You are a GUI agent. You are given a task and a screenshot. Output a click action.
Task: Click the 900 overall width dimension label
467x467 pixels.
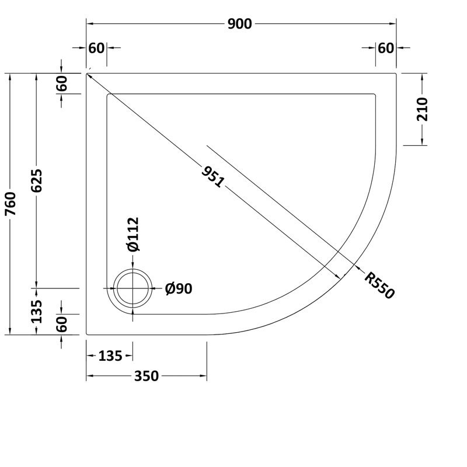click(x=240, y=24)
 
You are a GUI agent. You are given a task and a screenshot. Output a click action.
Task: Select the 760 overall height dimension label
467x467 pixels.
click(x=12, y=204)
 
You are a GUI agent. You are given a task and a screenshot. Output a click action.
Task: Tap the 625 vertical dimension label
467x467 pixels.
click(x=37, y=181)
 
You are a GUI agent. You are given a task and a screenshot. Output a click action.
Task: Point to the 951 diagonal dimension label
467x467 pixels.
click(x=212, y=176)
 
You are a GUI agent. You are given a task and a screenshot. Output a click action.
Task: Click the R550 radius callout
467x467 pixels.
click(x=380, y=284)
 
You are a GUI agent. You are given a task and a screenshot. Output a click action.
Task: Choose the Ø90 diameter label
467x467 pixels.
click(x=179, y=288)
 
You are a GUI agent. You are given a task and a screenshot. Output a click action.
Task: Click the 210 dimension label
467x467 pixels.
click(x=423, y=109)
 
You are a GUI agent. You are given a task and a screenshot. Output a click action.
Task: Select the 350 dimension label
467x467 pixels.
click(x=146, y=377)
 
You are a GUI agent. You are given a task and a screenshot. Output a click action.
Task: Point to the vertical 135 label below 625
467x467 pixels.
click(x=37, y=312)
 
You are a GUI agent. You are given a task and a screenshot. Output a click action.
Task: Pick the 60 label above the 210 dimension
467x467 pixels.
click(x=386, y=48)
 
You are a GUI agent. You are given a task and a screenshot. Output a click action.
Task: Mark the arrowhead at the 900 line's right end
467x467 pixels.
click(x=393, y=24)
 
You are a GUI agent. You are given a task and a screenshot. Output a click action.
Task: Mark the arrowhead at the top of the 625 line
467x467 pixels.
click(x=37, y=76)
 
